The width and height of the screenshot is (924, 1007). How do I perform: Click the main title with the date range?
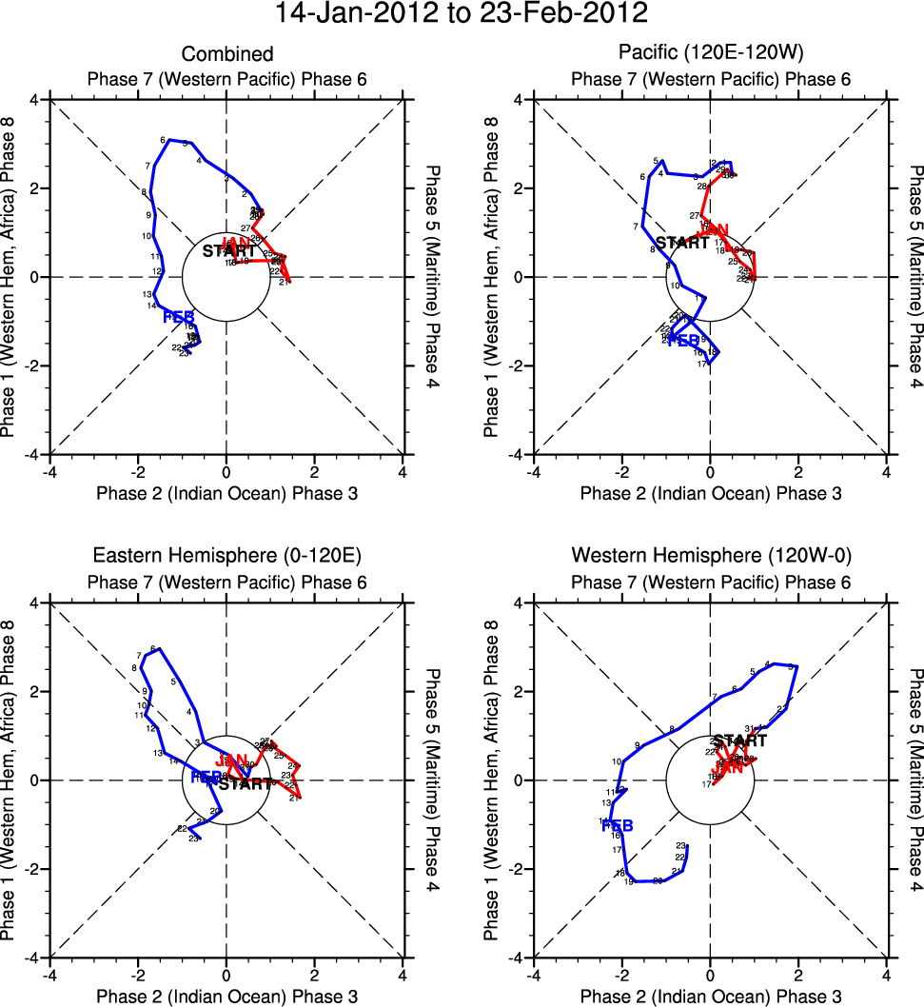point(462,13)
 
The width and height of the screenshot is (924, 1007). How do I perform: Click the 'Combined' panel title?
point(226,54)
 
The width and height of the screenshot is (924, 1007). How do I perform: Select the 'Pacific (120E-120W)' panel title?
point(710,54)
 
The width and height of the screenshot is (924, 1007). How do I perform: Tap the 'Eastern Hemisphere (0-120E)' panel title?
point(226,556)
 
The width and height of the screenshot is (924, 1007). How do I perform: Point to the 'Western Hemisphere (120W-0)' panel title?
point(710,556)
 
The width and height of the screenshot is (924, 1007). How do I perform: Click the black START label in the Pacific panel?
point(682,242)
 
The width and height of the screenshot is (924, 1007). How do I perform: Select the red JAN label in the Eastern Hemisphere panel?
point(232,760)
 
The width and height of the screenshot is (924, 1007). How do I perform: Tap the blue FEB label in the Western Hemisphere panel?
point(618,825)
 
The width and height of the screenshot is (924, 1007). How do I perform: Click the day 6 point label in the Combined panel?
point(163,139)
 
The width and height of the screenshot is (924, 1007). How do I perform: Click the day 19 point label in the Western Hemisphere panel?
point(629,882)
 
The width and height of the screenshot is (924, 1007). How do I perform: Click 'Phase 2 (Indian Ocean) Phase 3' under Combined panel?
point(226,493)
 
